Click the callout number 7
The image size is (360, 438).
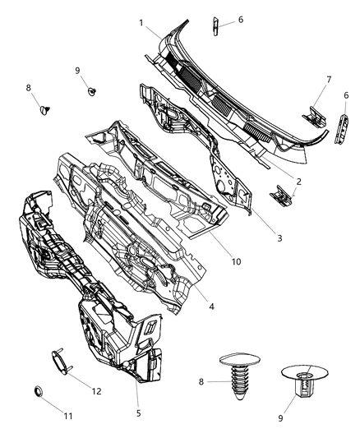(x=329, y=80)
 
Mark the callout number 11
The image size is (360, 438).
(x=68, y=417)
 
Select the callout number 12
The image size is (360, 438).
(x=96, y=390)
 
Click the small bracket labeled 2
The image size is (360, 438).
(x=280, y=195)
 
